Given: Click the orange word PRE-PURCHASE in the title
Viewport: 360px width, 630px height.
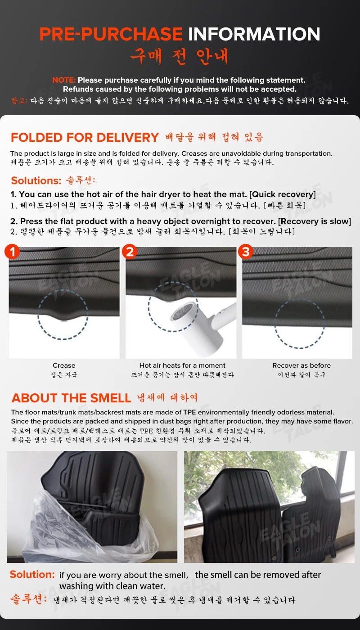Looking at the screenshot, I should [111, 35].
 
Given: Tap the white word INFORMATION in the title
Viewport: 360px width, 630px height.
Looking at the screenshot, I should [254, 35].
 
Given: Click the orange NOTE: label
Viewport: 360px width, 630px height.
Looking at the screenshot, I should [64, 80].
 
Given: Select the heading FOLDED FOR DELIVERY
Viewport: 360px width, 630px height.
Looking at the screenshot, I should [85, 138].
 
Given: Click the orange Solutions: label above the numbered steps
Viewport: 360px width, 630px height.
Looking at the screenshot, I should [36, 181].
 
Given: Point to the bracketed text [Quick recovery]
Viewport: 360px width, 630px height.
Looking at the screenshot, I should [283, 194].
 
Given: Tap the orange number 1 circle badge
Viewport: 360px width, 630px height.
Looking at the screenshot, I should [13, 252].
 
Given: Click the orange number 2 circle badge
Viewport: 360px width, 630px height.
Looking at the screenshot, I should [130, 252].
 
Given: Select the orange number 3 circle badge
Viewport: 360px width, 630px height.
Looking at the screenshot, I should [246, 252].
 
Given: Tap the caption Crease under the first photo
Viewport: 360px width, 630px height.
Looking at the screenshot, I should [64, 365].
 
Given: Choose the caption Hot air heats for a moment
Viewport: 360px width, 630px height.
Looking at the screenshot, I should [182, 365].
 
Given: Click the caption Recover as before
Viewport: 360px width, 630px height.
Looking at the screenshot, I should [301, 365].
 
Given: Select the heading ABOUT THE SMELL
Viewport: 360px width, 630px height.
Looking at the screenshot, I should [71, 398].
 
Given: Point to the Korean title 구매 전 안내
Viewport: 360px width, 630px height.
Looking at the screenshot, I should [180, 56].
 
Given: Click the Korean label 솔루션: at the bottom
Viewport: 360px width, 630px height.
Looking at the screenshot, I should [28, 599].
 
